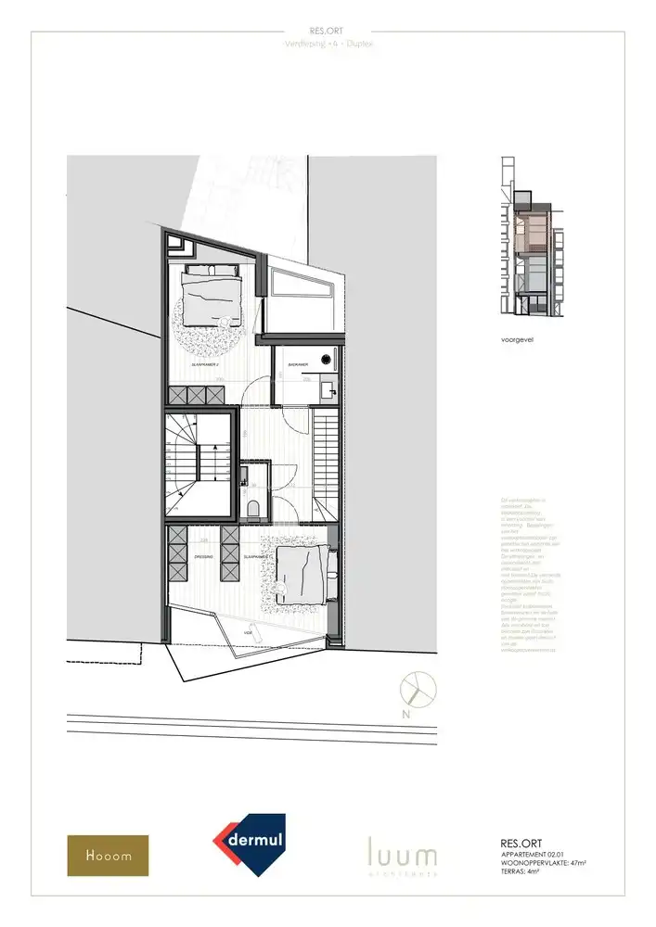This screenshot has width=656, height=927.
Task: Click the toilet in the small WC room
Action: [254, 506]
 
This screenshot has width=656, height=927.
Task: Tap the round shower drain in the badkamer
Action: [326, 358]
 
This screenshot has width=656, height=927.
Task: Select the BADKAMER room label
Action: [299, 365]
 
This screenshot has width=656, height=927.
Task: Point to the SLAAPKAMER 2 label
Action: [205, 365]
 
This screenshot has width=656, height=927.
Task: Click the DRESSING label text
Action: [204, 556]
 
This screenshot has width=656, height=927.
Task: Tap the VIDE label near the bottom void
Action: [248, 633]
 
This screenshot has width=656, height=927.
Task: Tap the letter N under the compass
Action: [406, 715]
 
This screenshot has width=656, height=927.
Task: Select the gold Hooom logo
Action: [107, 856]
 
